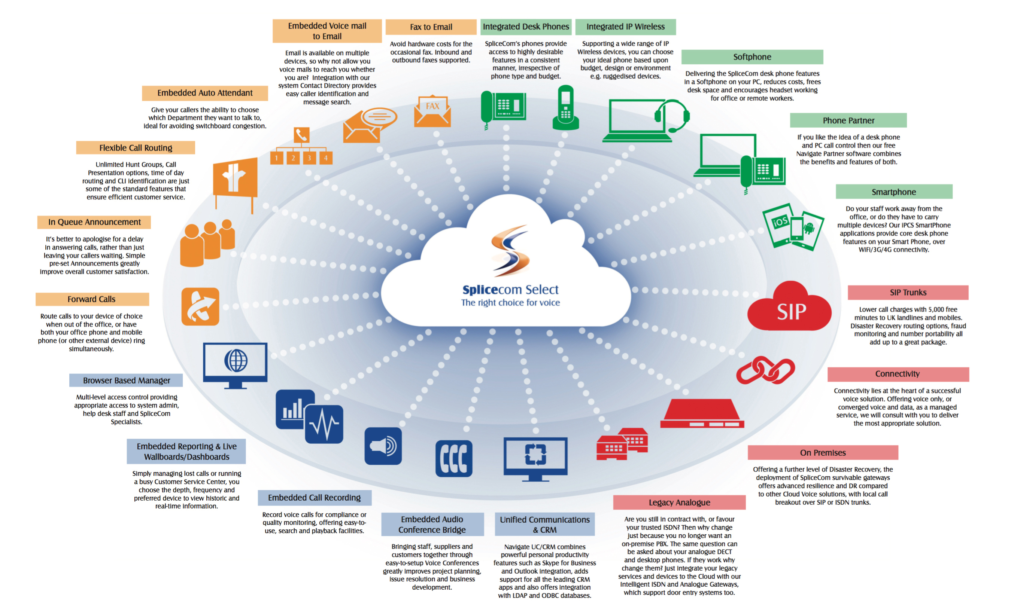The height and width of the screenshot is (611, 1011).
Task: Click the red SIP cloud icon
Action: [x=789, y=306]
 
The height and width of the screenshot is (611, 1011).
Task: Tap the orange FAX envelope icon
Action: [x=432, y=111]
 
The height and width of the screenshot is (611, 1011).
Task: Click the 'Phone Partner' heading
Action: [x=848, y=120]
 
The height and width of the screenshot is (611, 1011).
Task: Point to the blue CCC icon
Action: [x=453, y=458]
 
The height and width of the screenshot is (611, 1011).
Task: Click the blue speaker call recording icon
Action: [x=383, y=446]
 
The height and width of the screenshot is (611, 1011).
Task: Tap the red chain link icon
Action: [x=765, y=370]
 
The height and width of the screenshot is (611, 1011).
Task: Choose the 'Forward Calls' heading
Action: [x=92, y=299]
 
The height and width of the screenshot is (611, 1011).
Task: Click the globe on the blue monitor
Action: [x=236, y=361]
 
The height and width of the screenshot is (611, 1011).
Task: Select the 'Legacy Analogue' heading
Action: [x=679, y=502]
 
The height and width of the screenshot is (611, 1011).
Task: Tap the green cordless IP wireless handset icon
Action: [x=565, y=108]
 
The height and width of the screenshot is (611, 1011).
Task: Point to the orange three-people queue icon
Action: [x=207, y=243]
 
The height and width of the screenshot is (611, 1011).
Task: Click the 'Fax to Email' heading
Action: [x=431, y=27]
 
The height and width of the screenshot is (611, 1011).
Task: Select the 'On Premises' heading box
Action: [x=823, y=453]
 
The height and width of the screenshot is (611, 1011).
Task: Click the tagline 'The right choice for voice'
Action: [x=510, y=303]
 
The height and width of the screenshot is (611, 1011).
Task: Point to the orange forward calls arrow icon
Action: [x=200, y=307]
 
